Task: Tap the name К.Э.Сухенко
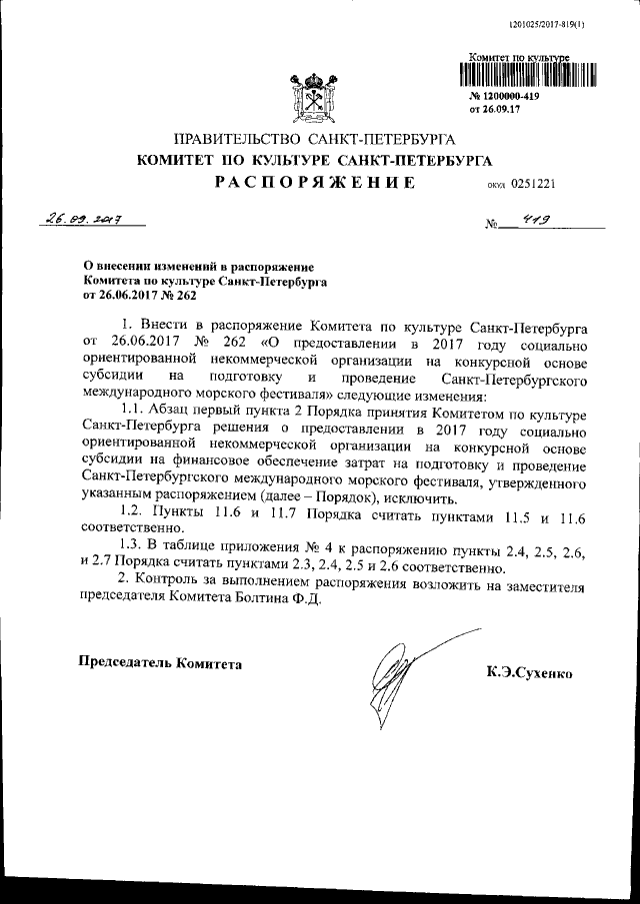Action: click(x=529, y=675)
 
